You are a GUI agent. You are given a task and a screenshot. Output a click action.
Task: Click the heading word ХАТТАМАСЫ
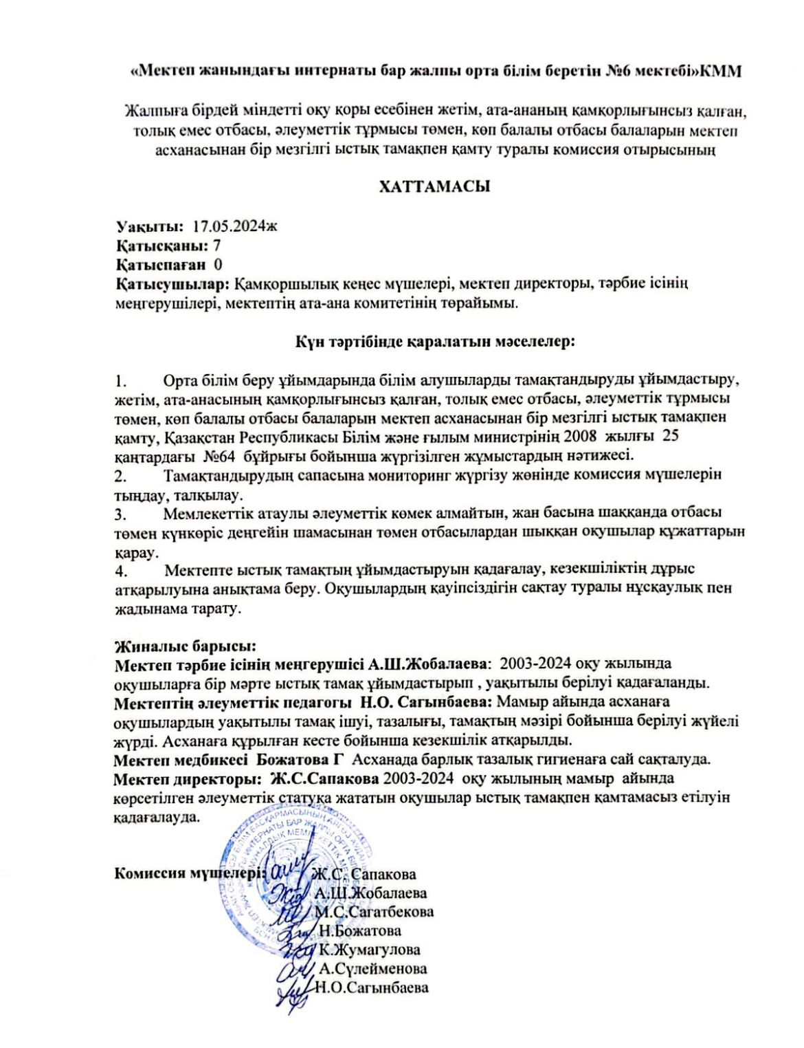pyautogui.click(x=434, y=186)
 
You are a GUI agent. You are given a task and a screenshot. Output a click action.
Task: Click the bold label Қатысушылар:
pyautogui.click(x=172, y=283)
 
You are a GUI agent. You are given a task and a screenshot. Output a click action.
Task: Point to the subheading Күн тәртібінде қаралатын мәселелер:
pyautogui.click(x=434, y=341)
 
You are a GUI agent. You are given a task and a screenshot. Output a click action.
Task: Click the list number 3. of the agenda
pyautogui.click(x=121, y=513)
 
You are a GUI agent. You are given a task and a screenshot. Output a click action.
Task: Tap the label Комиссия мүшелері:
pyautogui.click(x=191, y=873)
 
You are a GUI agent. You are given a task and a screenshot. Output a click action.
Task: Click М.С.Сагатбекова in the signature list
pyautogui.click(x=375, y=912)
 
